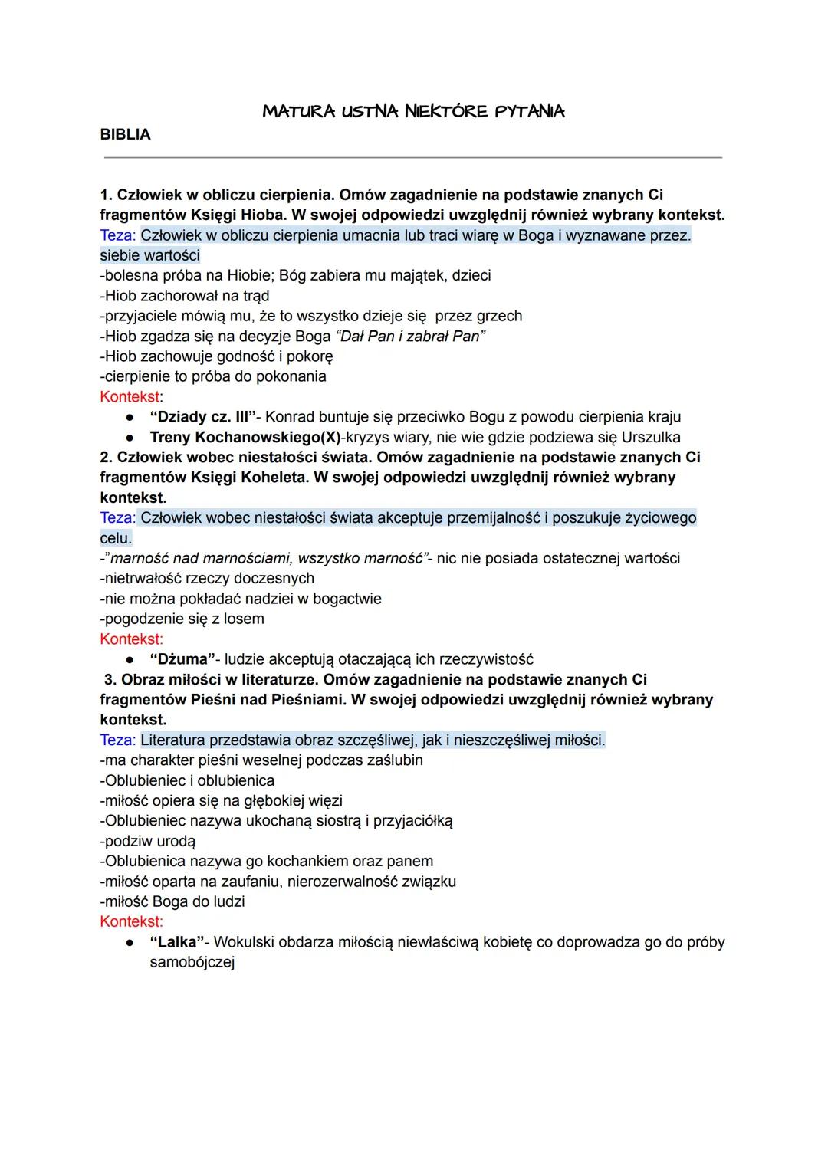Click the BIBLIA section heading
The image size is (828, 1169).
125,135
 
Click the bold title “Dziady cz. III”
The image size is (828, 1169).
202,417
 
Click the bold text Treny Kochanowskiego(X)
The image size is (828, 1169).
245,437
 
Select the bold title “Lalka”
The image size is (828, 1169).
177,942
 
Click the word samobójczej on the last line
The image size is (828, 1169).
192,962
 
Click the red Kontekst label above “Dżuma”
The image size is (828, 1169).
131,639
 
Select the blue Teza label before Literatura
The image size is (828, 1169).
118,740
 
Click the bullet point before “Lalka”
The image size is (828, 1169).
131,942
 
